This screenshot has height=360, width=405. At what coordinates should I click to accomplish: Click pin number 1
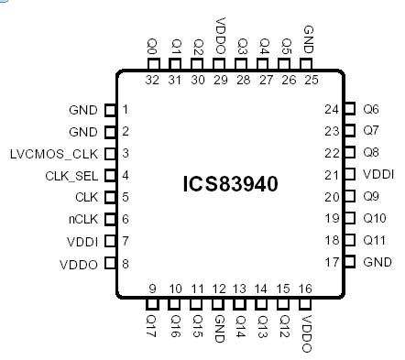pos(125,109)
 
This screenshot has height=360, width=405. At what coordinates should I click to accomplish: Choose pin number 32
pos(153,81)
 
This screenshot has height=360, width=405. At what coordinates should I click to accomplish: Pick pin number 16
pos(305,289)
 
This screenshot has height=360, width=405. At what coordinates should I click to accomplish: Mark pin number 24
pos(332,109)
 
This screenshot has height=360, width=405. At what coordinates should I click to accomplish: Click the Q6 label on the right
pos(370,109)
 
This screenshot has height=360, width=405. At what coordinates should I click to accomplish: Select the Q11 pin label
pos(373,241)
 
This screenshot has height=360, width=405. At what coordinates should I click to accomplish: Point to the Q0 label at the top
pos(153,46)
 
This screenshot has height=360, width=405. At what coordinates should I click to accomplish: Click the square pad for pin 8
pos(110,263)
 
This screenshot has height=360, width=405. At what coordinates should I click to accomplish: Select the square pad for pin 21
pos(348,175)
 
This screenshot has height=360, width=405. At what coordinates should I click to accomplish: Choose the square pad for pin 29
pos(219,64)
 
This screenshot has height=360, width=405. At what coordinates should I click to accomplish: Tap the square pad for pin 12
pos(219,305)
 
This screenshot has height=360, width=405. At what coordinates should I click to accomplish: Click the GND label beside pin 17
pos(377,263)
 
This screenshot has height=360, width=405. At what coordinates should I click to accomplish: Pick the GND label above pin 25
pos(307,40)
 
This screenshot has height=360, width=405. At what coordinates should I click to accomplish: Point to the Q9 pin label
pos(370,197)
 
